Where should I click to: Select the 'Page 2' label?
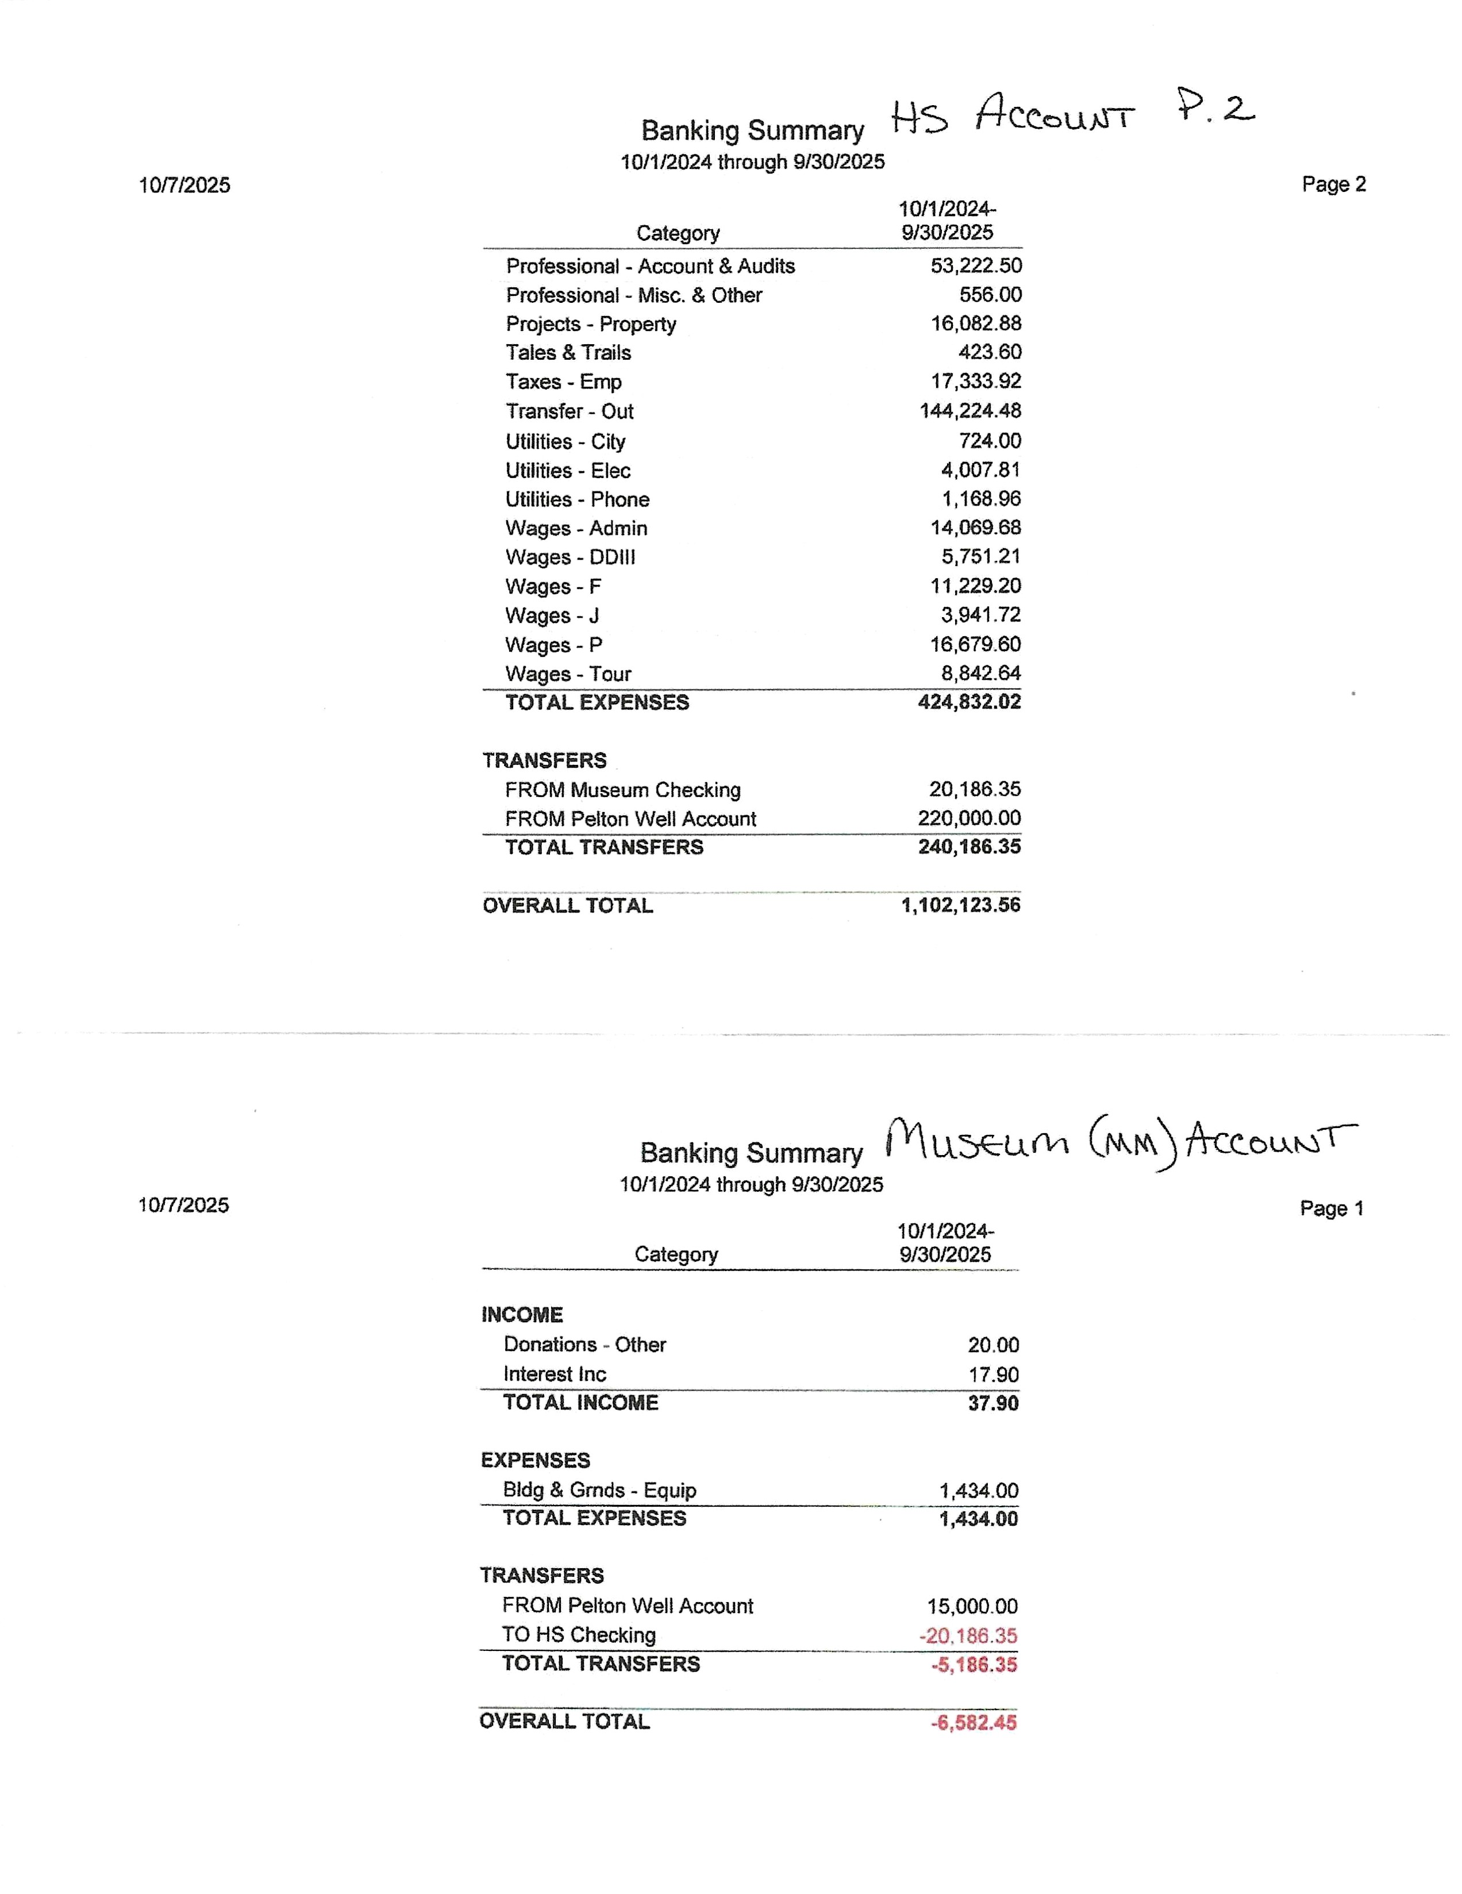(x=1333, y=184)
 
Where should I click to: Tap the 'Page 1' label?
(x=1330, y=1208)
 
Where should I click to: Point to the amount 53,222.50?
(x=976, y=265)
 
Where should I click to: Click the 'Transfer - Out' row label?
(x=569, y=411)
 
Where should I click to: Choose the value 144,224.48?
(x=969, y=410)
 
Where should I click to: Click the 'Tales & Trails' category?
(x=568, y=352)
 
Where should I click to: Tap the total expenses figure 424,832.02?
(x=968, y=702)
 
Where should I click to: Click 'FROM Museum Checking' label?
(x=622, y=790)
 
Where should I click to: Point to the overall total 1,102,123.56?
(x=960, y=904)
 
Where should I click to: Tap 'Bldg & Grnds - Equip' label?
(x=599, y=1490)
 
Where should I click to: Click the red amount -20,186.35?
(x=968, y=1635)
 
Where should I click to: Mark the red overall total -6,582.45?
(x=973, y=1722)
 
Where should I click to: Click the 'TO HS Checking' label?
(x=578, y=1635)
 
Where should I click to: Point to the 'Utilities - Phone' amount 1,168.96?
(x=981, y=499)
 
